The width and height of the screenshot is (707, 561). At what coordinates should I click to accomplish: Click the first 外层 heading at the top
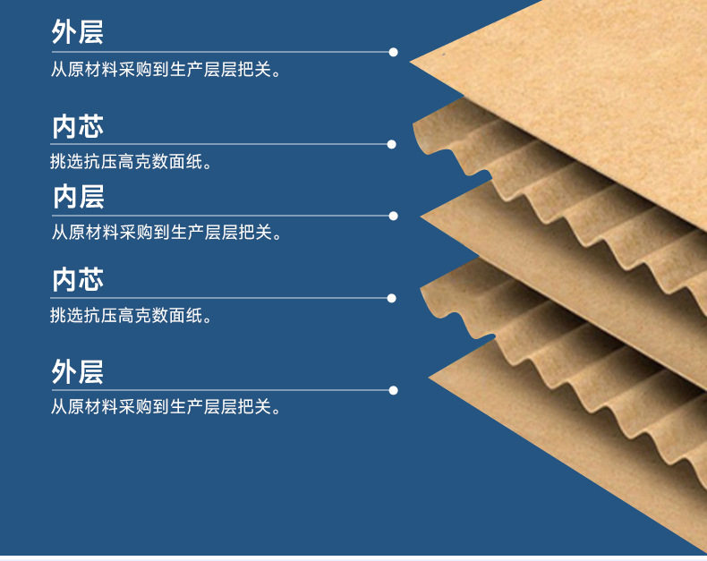(x=78, y=32)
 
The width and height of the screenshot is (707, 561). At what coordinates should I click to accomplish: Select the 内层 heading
(x=78, y=196)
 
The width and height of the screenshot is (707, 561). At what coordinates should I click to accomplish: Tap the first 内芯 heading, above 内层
(x=78, y=125)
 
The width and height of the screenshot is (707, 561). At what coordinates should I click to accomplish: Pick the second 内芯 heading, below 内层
(x=78, y=279)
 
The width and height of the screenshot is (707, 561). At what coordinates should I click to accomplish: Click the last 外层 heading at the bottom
(x=78, y=370)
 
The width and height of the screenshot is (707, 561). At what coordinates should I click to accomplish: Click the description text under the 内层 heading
(x=166, y=234)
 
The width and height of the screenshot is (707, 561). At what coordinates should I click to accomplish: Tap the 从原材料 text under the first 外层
(x=166, y=70)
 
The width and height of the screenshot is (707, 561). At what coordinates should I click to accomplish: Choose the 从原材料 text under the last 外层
(x=166, y=408)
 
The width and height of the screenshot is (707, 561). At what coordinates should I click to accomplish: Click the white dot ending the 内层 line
(x=392, y=216)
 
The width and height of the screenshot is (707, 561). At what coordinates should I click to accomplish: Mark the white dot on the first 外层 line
(x=392, y=52)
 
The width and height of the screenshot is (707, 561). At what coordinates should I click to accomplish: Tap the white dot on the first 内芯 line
(x=392, y=144)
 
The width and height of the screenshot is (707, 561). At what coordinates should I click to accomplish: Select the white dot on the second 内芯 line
(x=392, y=298)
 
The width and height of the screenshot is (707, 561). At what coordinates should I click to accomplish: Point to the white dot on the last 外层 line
(x=392, y=390)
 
